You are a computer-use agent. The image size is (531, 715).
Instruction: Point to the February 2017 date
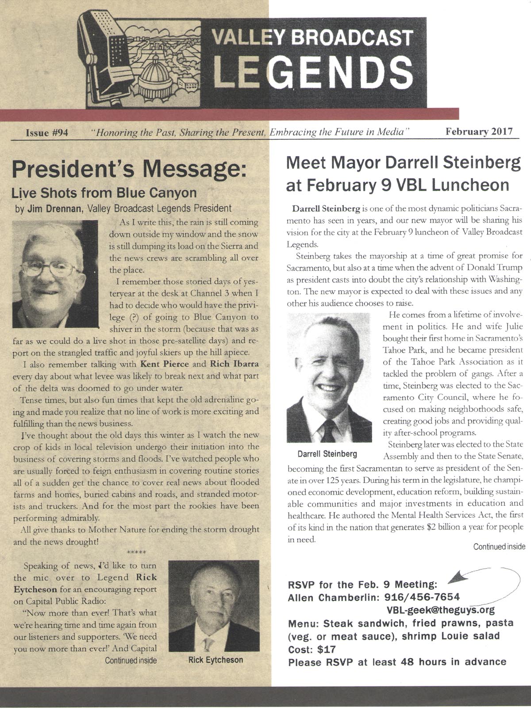click(479, 132)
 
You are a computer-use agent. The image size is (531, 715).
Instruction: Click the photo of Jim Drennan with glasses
click(55, 274)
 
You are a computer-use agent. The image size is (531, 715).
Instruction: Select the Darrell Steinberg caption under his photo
click(327, 454)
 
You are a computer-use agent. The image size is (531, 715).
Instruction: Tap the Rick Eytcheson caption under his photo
click(215, 660)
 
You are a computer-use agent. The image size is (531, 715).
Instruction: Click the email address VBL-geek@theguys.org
click(441, 611)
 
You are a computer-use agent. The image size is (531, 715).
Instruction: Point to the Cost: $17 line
click(312, 650)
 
